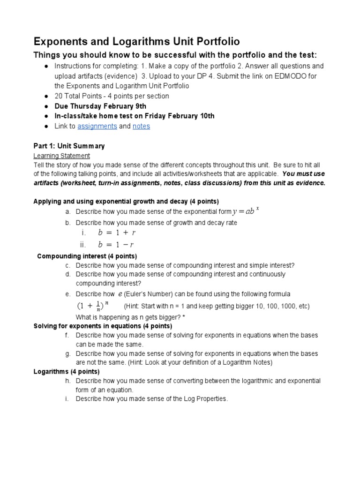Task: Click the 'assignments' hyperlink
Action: (x=97, y=126)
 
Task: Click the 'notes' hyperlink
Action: (x=141, y=126)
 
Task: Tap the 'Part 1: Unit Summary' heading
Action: (x=69, y=146)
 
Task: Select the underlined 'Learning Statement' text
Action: (x=62, y=156)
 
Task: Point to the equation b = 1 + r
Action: (x=117, y=232)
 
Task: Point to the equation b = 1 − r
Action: (x=117, y=244)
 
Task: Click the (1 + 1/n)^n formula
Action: (x=92, y=306)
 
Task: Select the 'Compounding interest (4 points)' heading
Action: (x=87, y=256)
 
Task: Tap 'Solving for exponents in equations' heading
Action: (x=86, y=326)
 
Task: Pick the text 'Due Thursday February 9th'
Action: (x=100, y=106)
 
